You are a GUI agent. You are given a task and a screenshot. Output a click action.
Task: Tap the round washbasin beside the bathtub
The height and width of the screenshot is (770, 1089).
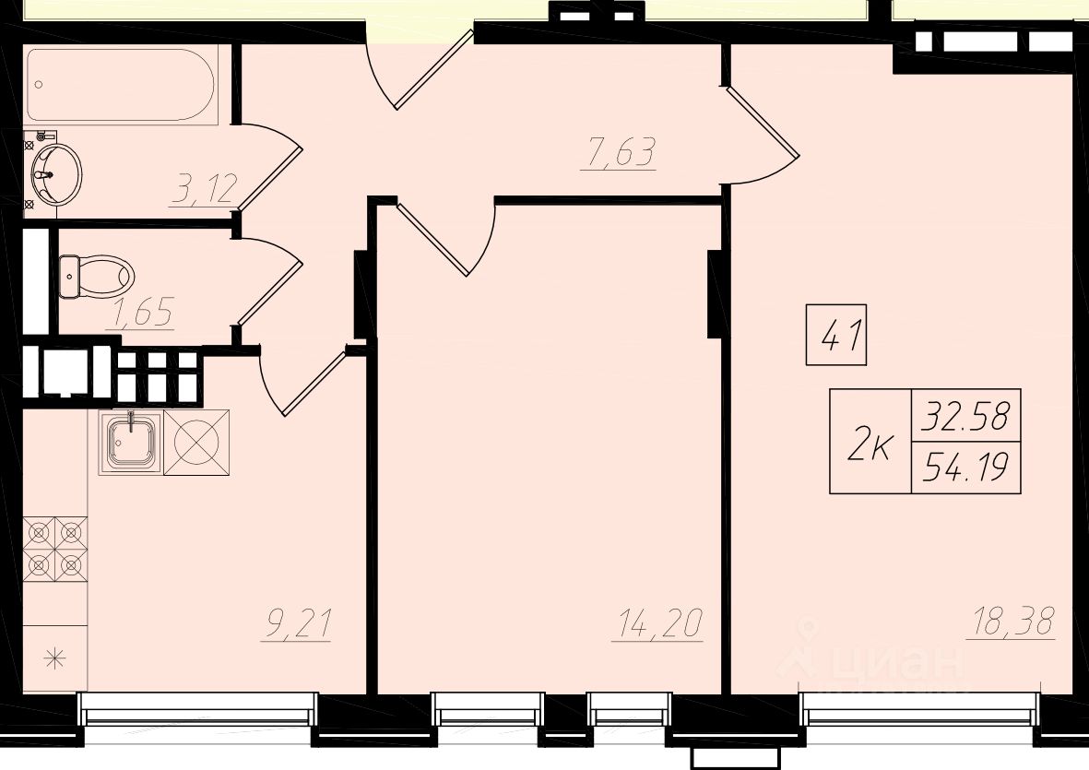tap(54, 174)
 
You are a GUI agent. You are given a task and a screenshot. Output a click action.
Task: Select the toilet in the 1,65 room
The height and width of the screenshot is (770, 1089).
tap(96, 277)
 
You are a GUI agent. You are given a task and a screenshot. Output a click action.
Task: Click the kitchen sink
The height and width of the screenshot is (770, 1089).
tap(131, 443)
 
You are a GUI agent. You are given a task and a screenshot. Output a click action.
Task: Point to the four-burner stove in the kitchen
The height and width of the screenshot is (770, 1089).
tap(55, 549)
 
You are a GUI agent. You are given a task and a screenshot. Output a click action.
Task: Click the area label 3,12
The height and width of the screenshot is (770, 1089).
tap(205, 189)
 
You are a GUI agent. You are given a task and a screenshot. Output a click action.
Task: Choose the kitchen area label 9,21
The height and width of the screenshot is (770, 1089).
tap(296, 625)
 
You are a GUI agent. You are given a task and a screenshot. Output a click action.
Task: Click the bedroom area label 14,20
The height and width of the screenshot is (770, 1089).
tap(657, 624)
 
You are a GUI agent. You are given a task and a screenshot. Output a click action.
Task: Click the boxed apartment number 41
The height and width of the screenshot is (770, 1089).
tap(835, 335)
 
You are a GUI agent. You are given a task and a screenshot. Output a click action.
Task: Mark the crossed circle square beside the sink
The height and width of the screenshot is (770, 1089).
tap(196, 443)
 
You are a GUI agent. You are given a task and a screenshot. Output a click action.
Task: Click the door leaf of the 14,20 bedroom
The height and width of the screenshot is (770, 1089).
tap(432, 238)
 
